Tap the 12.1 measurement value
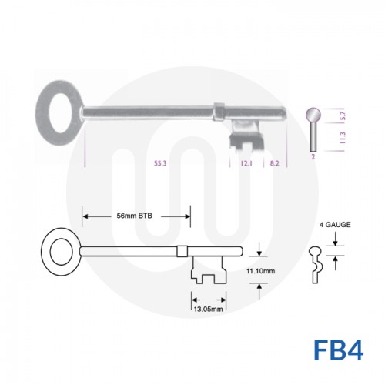(x=248, y=164)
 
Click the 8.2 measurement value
(x=274, y=164)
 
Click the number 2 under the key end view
(x=313, y=156)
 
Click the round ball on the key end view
(x=314, y=115)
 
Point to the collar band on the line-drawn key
(x=182, y=250)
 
